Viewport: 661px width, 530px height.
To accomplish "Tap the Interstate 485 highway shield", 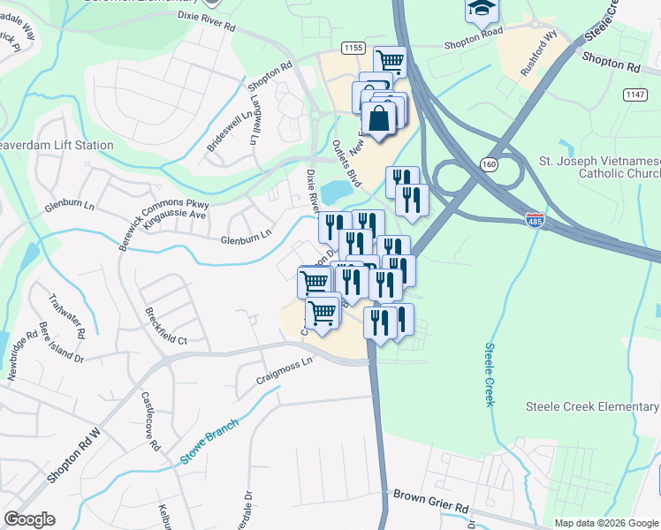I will click(x=535, y=218).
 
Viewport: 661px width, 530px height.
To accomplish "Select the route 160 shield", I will click(x=488, y=163).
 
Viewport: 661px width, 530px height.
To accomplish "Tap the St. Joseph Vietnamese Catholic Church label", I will click(x=599, y=168).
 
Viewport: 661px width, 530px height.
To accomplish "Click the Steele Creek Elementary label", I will click(x=592, y=406).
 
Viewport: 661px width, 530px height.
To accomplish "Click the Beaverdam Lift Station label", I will click(x=57, y=145).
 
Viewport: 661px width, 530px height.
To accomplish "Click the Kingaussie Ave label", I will click(x=175, y=215).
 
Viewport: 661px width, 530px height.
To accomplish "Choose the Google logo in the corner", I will click(x=29, y=519).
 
